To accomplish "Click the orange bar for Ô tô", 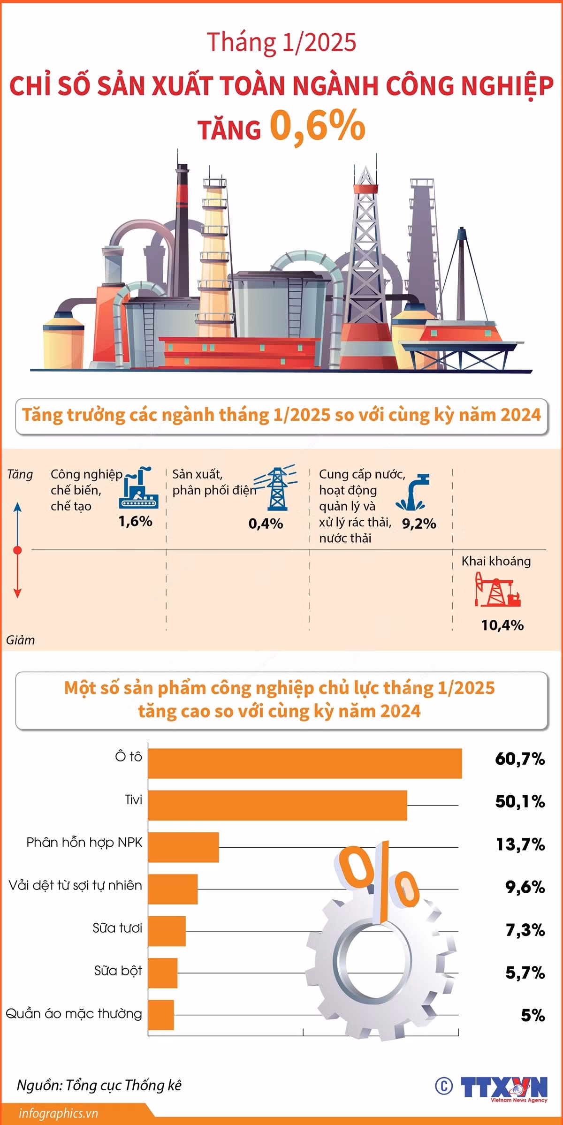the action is [305, 763].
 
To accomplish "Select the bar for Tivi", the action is [278, 805].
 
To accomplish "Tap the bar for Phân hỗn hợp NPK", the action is [183, 847].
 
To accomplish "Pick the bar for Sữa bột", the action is [163, 973].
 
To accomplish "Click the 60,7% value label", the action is [520, 759].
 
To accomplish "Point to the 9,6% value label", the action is [525, 887].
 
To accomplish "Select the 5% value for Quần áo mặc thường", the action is [533, 1016].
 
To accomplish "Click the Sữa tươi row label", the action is [117, 928].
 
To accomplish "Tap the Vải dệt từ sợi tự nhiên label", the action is [75, 886].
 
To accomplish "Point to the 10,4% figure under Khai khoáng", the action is [502, 625].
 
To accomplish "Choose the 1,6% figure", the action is [135, 521].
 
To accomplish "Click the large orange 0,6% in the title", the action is [318, 125].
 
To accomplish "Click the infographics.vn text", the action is [58, 1113].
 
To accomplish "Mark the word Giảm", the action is [20, 640].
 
